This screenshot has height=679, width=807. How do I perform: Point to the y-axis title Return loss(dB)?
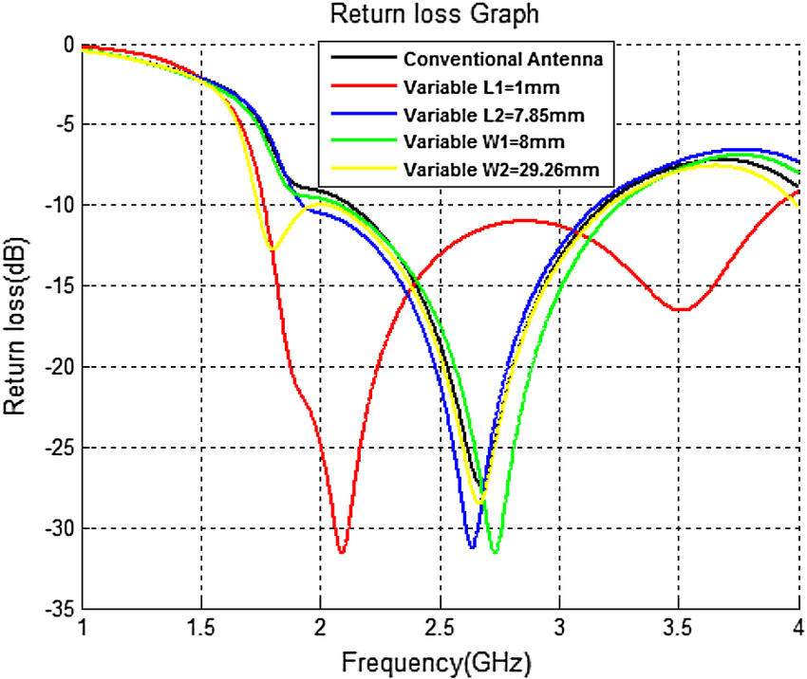point(17,327)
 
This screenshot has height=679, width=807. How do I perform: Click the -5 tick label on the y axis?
point(63,125)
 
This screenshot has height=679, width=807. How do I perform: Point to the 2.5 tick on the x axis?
point(440,629)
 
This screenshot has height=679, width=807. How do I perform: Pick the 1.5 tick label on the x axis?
point(201,629)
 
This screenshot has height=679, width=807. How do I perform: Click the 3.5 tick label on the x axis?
point(678,629)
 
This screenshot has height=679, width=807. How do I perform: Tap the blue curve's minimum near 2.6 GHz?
point(472,547)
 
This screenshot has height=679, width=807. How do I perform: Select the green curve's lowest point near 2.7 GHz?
point(495,551)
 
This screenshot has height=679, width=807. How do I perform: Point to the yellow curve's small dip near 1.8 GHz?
point(272,248)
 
